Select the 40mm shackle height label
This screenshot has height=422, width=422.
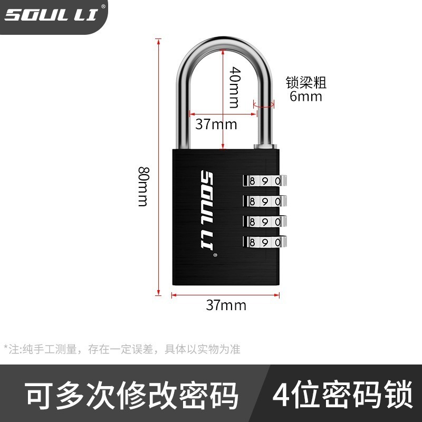tap(235, 87)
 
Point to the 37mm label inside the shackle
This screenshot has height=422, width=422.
tap(216, 124)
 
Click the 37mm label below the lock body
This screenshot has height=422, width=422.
tap(226, 305)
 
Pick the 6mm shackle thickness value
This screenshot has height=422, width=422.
tap(306, 97)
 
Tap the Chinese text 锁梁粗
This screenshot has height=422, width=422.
tap(306, 83)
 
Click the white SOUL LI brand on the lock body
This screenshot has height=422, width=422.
tap(206, 211)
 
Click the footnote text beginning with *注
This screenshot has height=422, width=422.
tap(122, 349)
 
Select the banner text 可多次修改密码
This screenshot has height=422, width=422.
tap(132, 396)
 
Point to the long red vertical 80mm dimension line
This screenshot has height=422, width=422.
tap(158, 169)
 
